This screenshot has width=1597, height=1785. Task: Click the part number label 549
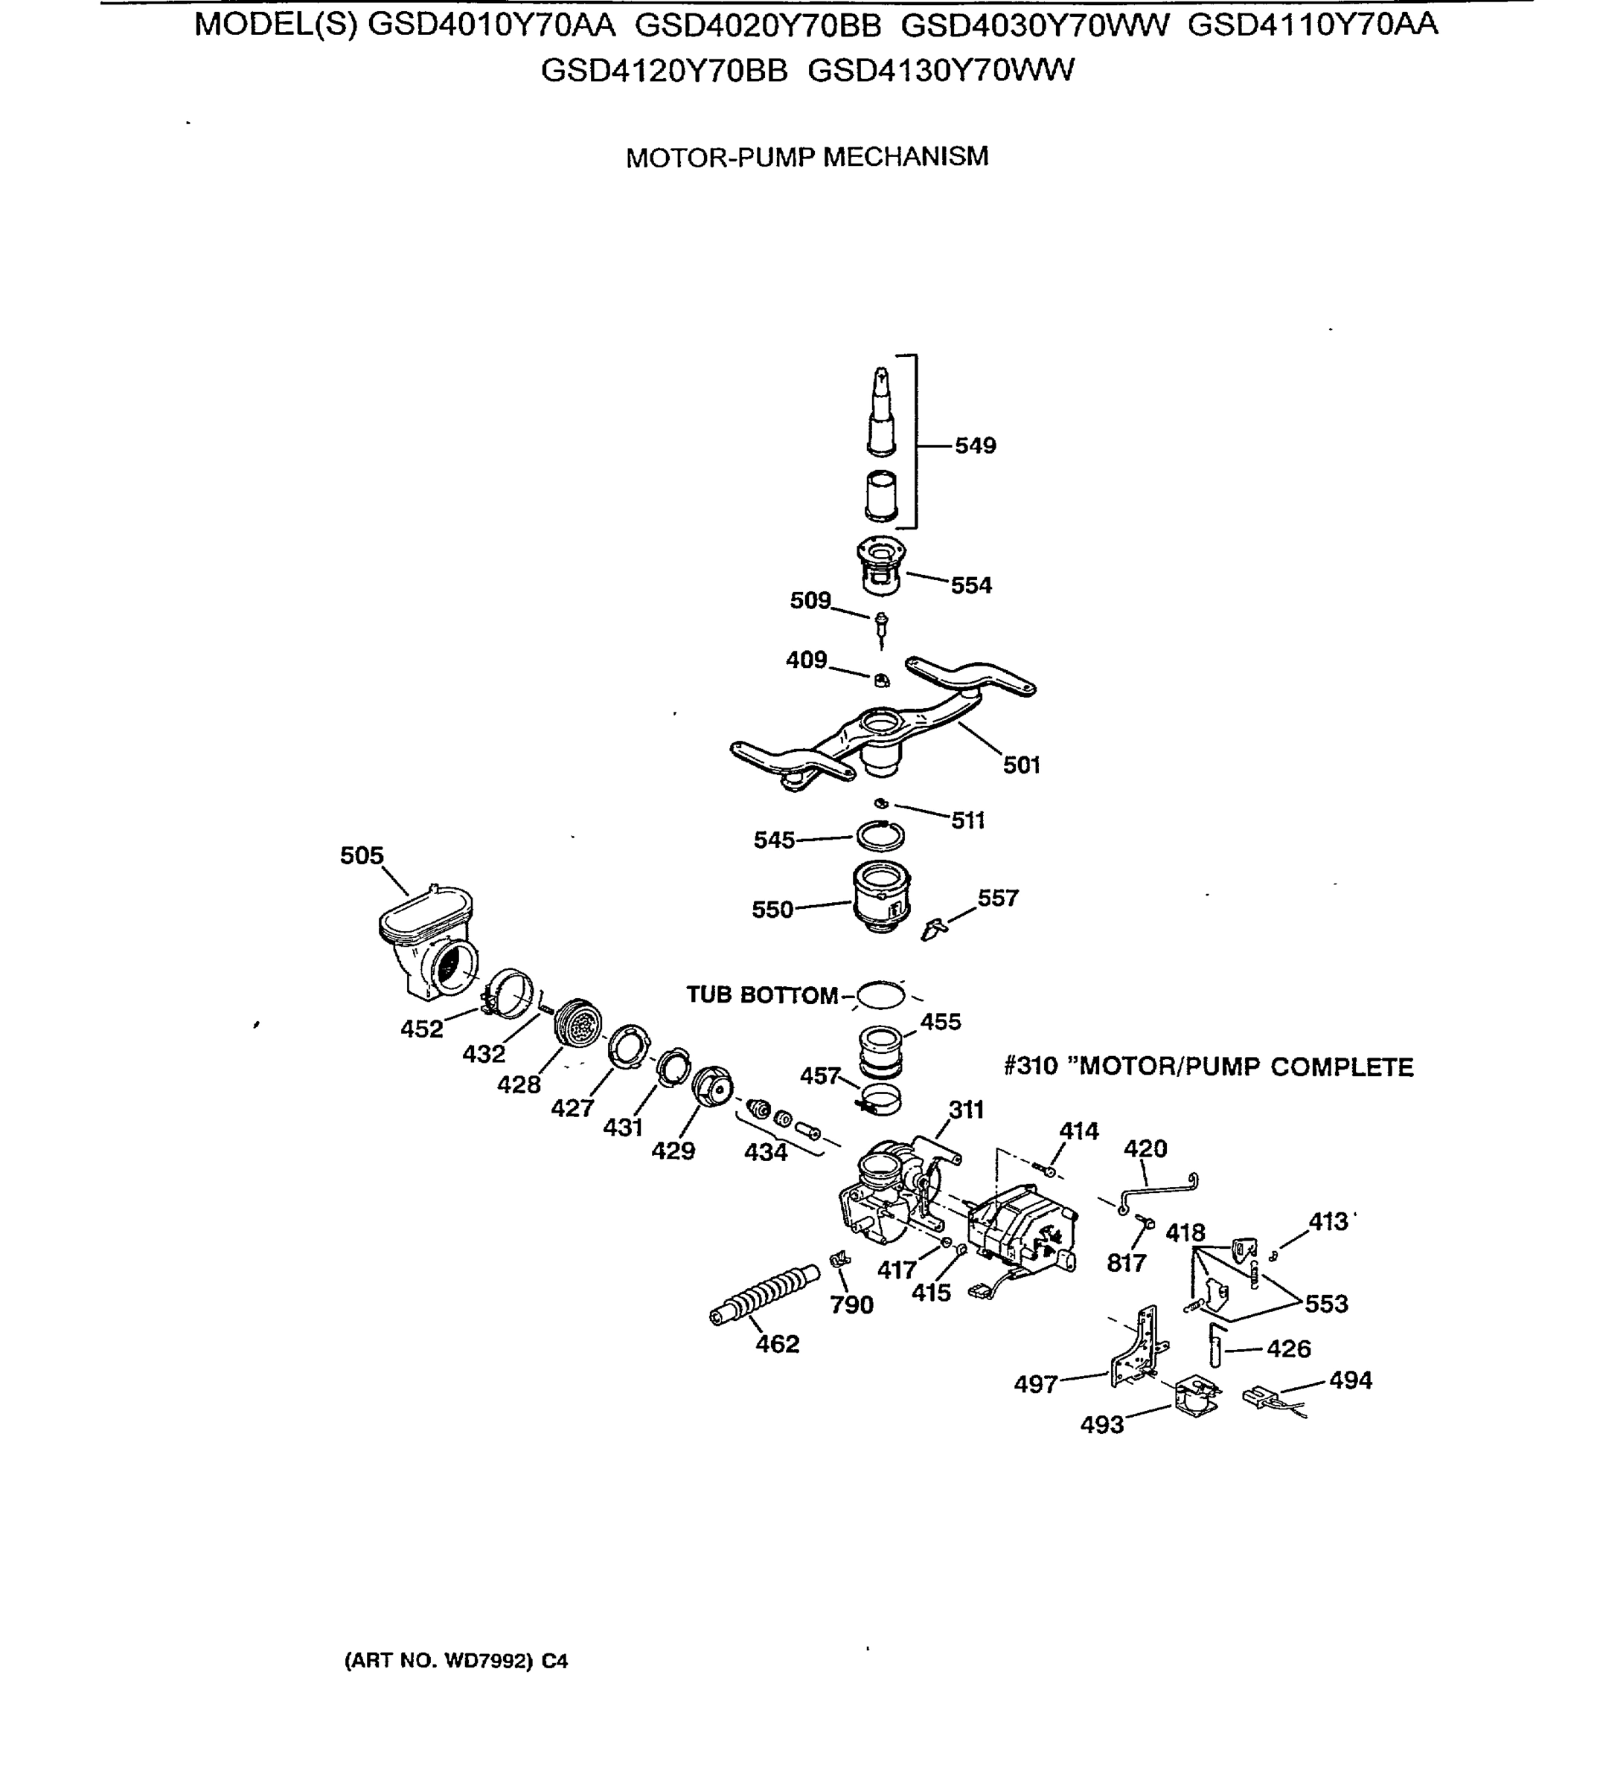pos(975,446)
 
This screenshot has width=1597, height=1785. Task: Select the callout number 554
pos(970,585)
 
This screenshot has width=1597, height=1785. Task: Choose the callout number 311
pos(966,1110)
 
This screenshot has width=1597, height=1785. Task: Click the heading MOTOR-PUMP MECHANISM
pos(807,157)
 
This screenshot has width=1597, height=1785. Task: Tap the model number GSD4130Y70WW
pos(940,70)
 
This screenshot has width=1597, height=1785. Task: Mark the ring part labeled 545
pos(880,836)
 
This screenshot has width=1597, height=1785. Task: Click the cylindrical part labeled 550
pos(881,897)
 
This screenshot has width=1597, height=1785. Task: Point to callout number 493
pos(1101,1424)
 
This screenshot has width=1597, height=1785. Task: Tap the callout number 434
pos(765,1153)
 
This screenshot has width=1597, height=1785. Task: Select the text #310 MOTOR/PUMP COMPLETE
pos(1209,1067)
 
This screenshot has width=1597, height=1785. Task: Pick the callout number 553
pos(1326,1304)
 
